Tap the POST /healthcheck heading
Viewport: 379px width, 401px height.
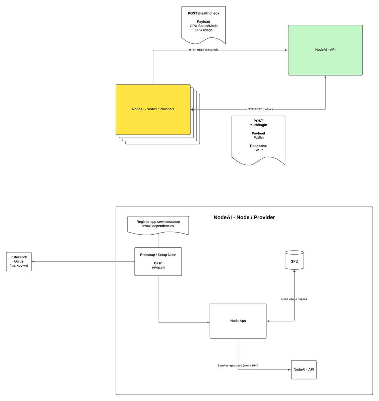pos(203,13)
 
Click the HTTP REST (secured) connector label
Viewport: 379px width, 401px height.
pos(203,50)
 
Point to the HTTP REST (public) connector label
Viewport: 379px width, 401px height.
pos(259,109)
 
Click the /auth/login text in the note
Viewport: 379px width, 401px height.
pos(258,125)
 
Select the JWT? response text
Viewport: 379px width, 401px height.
pos(258,150)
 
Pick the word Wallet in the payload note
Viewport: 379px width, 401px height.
pos(259,137)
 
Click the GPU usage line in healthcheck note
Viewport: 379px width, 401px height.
pos(203,30)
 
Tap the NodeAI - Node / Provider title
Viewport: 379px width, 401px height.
pos(244,217)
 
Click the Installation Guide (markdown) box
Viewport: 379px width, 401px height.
pos(19,261)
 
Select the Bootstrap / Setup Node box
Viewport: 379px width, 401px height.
pos(158,261)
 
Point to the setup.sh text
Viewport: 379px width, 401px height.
pos(158,267)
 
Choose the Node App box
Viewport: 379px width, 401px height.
pos(238,321)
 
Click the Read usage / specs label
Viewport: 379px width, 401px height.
pos(294,299)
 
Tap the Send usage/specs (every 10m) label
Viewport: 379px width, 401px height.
pos(238,366)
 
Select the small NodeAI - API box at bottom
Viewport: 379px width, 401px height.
pos(303,370)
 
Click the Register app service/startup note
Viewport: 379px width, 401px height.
pos(158,224)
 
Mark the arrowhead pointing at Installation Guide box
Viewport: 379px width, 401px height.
pos(33,262)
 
